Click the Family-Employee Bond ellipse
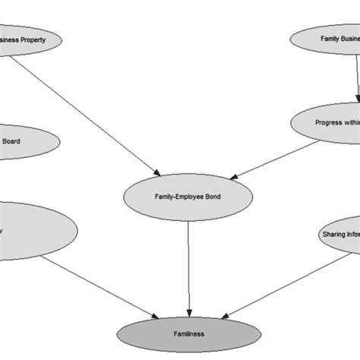(x=186, y=197)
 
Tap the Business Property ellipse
(x=27, y=40)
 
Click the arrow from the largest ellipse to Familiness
(x=99, y=285)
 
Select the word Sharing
(x=332, y=235)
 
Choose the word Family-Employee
(x=175, y=197)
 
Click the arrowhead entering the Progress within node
(x=358, y=99)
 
